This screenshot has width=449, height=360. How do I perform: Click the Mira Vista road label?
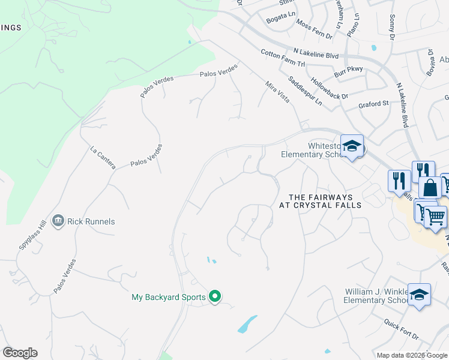(x=277, y=93)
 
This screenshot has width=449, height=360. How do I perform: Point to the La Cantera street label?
(x=102, y=157)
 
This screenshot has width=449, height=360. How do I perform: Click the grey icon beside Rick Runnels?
(x=58, y=221)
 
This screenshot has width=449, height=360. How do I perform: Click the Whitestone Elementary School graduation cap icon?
(x=352, y=146)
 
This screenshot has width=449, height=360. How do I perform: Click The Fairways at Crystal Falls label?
(x=321, y=200)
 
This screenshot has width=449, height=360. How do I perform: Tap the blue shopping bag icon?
(x=430, y=188)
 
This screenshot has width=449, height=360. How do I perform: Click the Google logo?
(x=20, y=353)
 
